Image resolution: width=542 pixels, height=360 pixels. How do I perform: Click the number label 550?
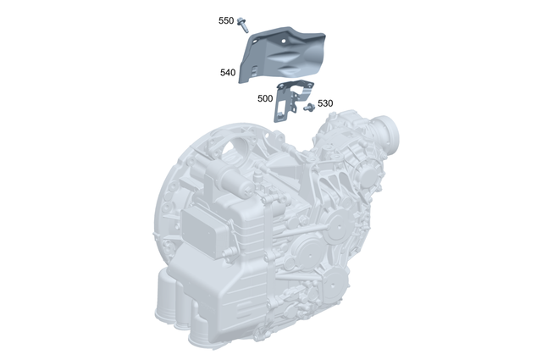point(225,19)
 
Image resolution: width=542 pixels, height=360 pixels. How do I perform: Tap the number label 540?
point(227,73)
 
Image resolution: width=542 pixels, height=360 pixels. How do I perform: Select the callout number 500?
point(265,98)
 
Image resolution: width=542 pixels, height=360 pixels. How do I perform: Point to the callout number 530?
point(325,103)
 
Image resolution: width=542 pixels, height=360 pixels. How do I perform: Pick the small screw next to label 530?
point(309,106)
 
